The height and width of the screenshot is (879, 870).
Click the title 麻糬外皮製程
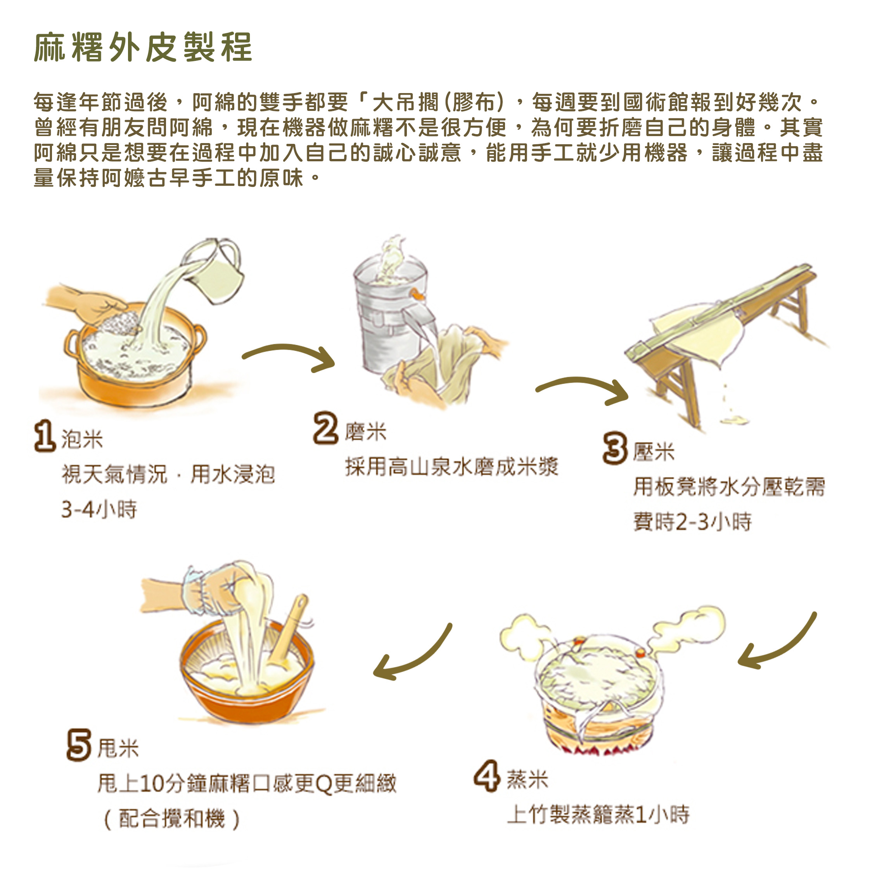click(x=143, y=47)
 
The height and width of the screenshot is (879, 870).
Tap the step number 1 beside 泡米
click(x=45, y=436)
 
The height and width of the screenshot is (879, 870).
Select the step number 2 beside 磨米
click(x=326, y=428)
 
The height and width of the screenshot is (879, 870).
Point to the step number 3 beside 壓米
click(x=615, y=448)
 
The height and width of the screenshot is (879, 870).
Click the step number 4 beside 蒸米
click(x=487, y=775)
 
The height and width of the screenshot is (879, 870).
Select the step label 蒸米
click(x=528, y=779)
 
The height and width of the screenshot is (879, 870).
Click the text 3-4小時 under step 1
click(x=99, y=509)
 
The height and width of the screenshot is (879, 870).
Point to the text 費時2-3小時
click(x=692, y=522)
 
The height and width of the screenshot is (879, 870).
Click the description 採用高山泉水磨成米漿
click(x=451, y=467)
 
